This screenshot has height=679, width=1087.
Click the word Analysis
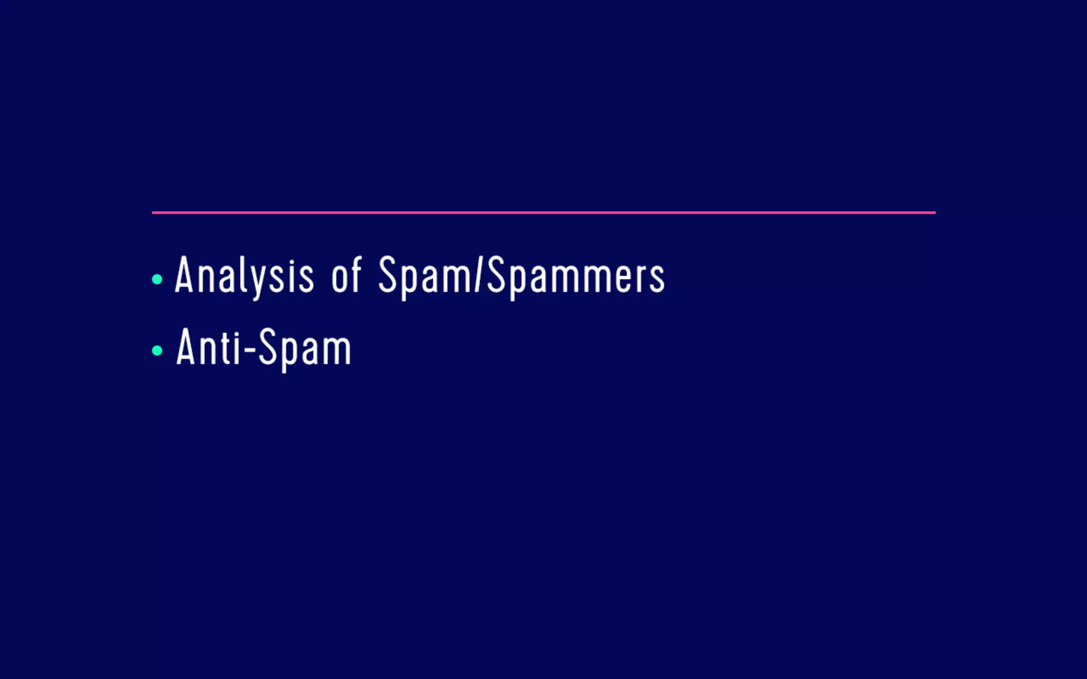[x=244, y=276]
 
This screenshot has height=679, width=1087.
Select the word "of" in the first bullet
[x=346, y=276]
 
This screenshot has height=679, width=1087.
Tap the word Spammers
[x=576, y=276]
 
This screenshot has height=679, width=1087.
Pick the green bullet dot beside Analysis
[x=157, y=279]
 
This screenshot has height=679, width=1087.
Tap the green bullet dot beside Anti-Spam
[x=157, y=350]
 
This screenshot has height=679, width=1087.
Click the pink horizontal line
[x=543, y=213]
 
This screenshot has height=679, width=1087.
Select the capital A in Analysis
[x=184, y=275]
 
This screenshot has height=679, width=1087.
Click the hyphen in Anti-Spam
[x=249, y=350]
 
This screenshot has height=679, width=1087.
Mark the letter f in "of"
[x=355, y=275]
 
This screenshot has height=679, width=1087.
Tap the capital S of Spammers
[x=496, y=275]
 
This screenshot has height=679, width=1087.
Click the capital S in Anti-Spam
[x=268, y=347]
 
